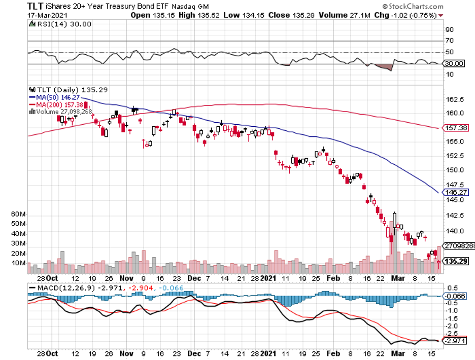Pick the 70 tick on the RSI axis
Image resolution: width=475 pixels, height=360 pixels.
coord(450,41)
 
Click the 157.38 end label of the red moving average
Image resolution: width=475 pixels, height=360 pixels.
coord(456,128)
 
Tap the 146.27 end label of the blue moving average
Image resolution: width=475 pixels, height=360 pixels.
coord(456,193)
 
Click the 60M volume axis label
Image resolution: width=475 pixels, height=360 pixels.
coord(19,214)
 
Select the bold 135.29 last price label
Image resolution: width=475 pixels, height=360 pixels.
coord(456,262)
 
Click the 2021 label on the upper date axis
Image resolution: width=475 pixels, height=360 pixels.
coord(269,278)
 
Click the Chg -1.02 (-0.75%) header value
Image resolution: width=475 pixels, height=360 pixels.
coord(411,15)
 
